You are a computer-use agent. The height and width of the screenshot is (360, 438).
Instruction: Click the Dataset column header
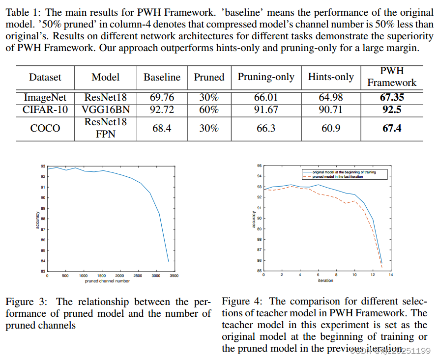[x=45, y=77]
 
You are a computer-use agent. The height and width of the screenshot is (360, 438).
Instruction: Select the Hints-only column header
[x=330, y=77]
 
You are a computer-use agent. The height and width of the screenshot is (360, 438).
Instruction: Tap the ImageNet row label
[x=45, y=98]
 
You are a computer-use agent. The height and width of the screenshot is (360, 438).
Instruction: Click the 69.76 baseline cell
[x=162, y=98]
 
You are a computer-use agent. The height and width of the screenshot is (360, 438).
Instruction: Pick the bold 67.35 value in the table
[x=392, y=98]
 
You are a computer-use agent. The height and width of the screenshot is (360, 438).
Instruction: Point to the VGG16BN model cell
[x=106, y=109]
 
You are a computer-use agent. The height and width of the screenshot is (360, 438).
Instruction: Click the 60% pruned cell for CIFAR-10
[x=208, y=109]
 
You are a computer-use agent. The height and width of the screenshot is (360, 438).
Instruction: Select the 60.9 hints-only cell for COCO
[x=330, y=128]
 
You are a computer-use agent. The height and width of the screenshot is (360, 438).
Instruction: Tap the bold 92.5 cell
[x=392, y=109]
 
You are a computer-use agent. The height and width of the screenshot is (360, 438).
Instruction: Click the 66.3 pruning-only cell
[x=266, y=128]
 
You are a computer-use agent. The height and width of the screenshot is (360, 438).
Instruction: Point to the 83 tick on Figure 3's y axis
[x=43, y=272]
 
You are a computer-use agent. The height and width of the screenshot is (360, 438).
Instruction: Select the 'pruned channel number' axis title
[x=108, y=281]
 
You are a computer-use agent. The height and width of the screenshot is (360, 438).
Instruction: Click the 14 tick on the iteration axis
[x=391, y=275]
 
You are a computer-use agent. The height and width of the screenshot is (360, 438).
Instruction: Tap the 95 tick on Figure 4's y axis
[x=259, y=166]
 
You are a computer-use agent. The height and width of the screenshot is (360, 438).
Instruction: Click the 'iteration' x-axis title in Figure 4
[x=325, y=280]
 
